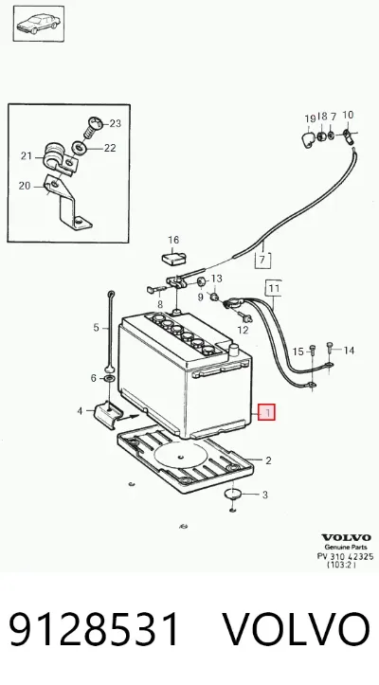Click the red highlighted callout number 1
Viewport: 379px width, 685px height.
266,411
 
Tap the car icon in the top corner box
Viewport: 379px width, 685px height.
38,23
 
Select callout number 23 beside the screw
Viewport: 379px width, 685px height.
115,123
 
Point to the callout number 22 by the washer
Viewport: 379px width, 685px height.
110,148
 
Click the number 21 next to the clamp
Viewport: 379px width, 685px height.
27,155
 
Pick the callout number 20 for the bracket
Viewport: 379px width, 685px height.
25,186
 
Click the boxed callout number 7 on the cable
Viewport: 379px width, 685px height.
262,260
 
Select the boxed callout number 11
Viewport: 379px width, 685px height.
274,288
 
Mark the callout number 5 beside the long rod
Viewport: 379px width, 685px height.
96,328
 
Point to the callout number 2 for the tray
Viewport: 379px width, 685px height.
268,460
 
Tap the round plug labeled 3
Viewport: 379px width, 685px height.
232,494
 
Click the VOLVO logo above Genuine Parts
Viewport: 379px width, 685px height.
346,538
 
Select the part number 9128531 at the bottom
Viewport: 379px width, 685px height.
94,629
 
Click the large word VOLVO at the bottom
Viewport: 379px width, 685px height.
296,629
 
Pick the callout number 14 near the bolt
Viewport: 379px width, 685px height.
349,350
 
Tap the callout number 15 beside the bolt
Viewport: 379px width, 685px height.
298,352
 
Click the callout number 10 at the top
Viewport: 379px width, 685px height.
348,115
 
